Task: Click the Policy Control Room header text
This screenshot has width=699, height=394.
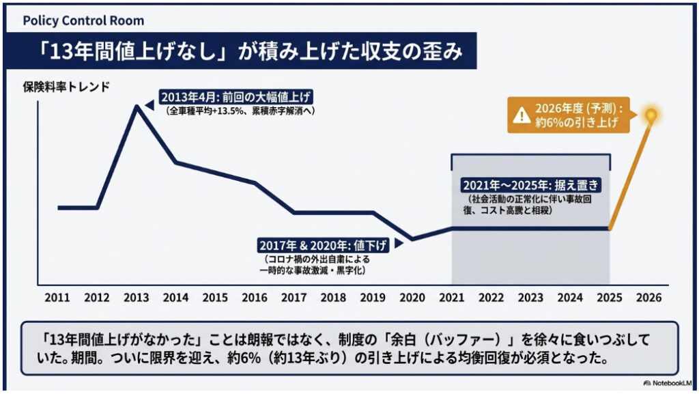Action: click(x=83, y=20)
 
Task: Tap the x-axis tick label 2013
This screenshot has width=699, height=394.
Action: click(x=137, y=298)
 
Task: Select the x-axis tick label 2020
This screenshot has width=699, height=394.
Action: click(x=412, y=298)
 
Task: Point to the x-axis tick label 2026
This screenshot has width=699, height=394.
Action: click(x=648, y=298)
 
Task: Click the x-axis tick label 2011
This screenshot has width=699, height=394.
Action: click(x=58, y=298)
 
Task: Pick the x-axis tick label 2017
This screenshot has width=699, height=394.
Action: click(x=294, y=298)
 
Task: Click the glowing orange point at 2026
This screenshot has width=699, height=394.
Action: click(x=652, y=113)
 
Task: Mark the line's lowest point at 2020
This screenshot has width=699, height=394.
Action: click(x=412, y=239)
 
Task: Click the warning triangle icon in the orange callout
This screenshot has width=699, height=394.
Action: click(x=522, y=115)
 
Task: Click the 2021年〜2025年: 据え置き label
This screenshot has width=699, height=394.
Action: click(x=530, y=186)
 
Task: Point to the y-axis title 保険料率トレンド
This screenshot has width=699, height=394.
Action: click(x=66, y=87)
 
